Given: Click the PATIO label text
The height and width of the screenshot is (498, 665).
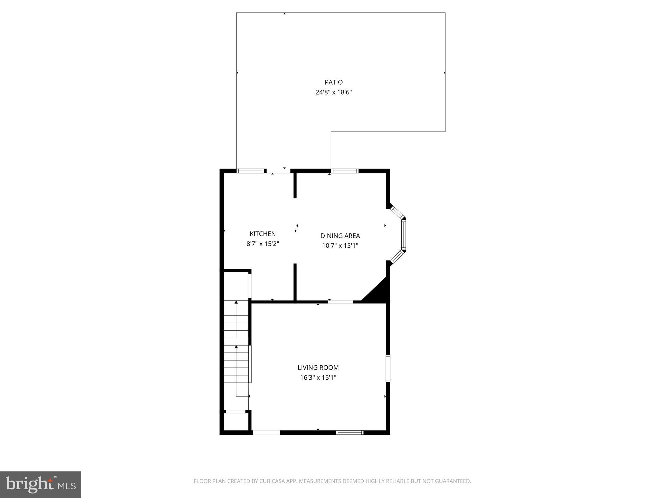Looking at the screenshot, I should point(333,82).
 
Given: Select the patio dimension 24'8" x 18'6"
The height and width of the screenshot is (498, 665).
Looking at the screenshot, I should point(333,92).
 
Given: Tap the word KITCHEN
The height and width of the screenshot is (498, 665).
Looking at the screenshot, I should point(263,234).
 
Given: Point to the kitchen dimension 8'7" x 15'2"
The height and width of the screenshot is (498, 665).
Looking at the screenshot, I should point(263,244).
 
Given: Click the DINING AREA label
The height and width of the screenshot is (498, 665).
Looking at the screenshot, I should point(340,236).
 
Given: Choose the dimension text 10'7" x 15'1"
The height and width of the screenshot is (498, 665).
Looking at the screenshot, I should point(340,246).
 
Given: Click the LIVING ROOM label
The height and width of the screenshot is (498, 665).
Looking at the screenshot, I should point(318,368).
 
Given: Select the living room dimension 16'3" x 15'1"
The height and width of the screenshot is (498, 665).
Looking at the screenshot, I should point(318,378).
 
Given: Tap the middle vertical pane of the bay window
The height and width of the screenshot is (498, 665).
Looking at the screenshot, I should point(403,234).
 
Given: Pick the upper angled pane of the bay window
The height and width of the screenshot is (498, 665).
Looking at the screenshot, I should point(397,212).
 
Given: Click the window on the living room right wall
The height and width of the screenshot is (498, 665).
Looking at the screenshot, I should point(388,368).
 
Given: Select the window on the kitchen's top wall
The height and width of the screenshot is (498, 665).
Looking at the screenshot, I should point(250,171).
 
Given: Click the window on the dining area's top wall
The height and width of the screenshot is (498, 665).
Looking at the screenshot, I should point(345,171).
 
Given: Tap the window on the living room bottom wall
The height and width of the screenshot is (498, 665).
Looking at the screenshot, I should point(349,432).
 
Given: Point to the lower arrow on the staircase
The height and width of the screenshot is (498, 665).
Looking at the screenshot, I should point(236,348).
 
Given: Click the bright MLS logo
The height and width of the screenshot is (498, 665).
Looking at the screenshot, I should point(41,485).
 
